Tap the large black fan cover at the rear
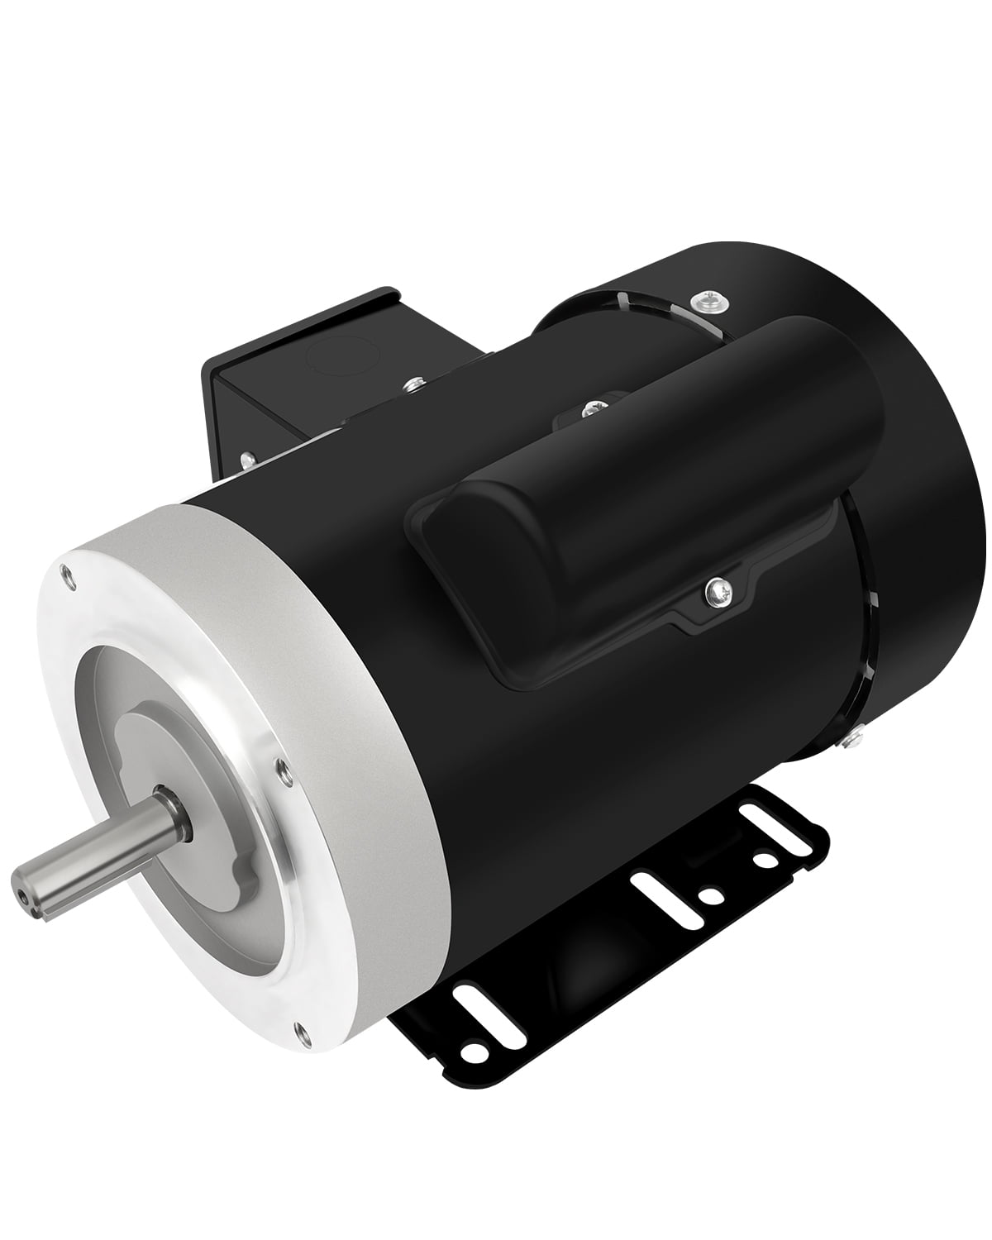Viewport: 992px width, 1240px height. tap(893, 463)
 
